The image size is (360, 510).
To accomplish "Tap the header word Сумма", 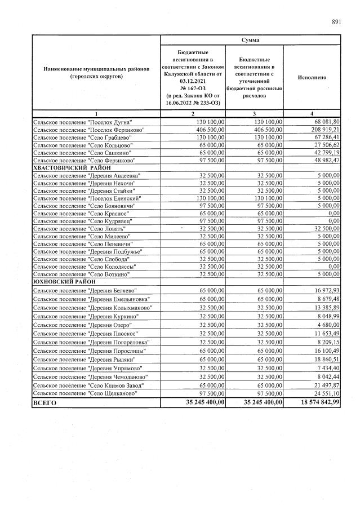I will pyautogui.click(x=251, y=40).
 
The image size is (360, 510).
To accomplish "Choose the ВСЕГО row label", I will pyautogui.click(x=45, y=403).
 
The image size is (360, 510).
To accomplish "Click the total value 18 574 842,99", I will pyautogui.click(x=313, y=403).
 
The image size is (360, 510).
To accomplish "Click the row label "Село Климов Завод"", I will pyautogui.click(x=88, y=384).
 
